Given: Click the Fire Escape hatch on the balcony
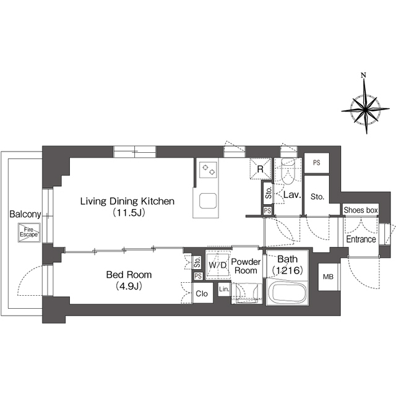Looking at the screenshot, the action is click(29, 233).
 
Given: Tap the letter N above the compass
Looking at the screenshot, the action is click(363, 75).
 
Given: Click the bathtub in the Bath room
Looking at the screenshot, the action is click(287, 293).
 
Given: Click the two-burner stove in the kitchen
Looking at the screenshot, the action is click(208, 170).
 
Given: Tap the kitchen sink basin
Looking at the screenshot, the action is click(208, 201).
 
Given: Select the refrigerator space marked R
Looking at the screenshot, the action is click(260, 168).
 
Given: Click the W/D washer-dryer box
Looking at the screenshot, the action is click(218, 265).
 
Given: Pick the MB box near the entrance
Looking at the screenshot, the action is click(328, 277).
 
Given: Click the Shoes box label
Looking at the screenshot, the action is click(361, 210).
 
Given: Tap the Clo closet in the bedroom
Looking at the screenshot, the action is click(202, 293).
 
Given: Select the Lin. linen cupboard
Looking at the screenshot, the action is click(224, 289).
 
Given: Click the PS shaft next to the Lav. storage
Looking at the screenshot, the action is click(267, 210).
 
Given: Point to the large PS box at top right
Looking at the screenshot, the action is click(317, 163).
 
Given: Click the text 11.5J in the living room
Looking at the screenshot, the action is click(129, 213).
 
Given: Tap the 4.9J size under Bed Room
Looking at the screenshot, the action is click(129, 286).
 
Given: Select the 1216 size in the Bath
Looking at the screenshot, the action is click(287, 270).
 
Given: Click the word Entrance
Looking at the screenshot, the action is click(361, 239).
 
